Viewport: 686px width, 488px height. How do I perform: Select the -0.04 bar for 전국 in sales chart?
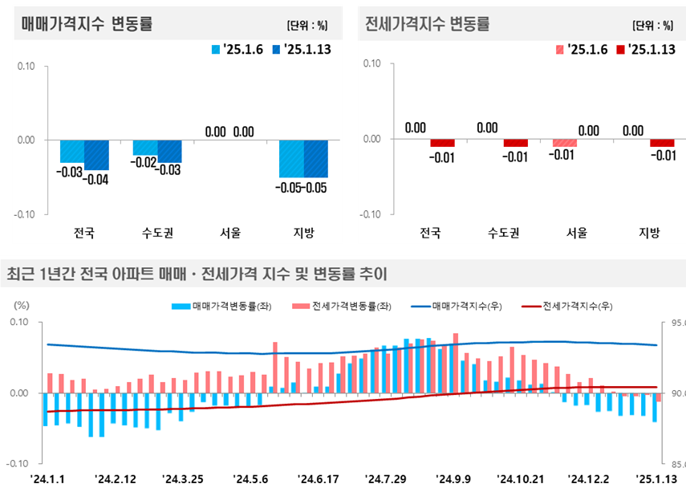click(96, 155)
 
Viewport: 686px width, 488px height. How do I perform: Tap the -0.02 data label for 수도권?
click(145, 162)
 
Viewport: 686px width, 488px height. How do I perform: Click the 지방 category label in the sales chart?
click(302, 234)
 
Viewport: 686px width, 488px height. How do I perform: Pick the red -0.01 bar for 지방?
click(662, 144)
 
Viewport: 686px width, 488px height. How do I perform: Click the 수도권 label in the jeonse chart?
click(503, 234)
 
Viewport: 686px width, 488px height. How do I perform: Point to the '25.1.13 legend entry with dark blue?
click(302, 50)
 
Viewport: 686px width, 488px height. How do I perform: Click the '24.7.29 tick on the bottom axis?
click(388, 479)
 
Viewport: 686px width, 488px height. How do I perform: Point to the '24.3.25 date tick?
click(184, 479)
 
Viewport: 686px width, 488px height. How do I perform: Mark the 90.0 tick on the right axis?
click(676, 393)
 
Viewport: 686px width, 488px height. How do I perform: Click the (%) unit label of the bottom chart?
click(22, 306)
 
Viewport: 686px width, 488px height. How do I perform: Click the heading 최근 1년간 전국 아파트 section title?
click(197, 274)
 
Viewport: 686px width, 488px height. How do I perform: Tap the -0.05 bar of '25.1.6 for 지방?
click(291, 158)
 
